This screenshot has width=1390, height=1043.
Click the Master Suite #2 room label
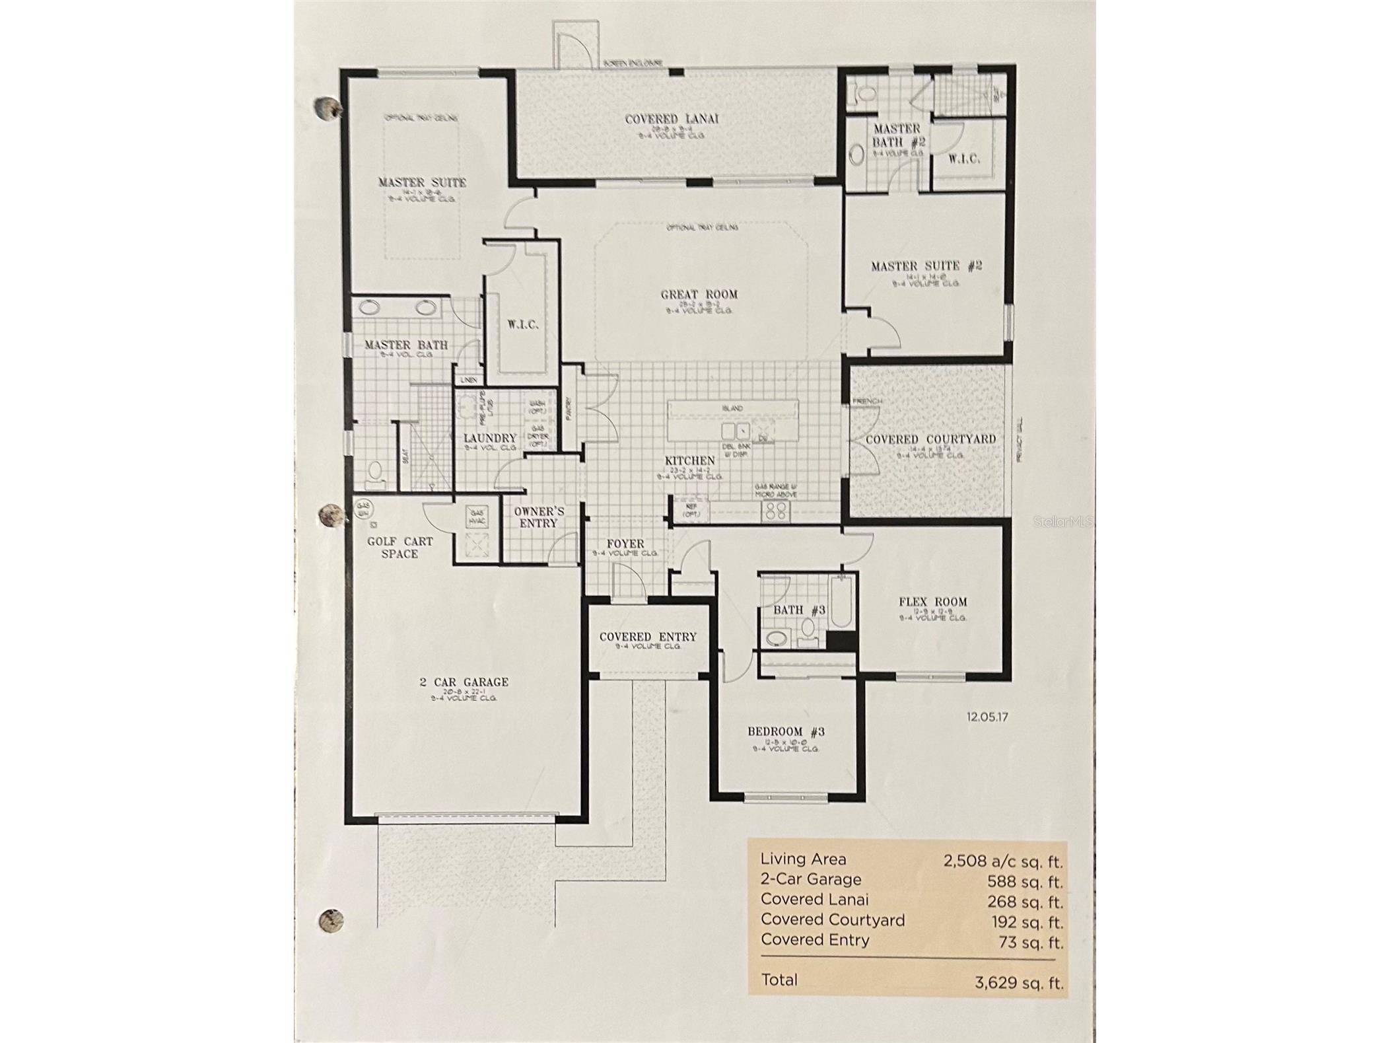[x=926, y=266]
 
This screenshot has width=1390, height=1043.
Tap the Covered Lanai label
[x=672, y=119]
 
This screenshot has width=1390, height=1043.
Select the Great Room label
[x=699, y=295]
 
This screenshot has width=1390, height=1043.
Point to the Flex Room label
[x=932, y=602]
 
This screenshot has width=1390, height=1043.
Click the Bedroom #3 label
[x=786, y=731]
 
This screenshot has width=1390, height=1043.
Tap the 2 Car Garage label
[x=464, y=682]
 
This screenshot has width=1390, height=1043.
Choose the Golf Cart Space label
[x=400, y=547]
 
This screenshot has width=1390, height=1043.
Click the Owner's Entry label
[x=539, y=517]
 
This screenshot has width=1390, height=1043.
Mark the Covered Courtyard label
[x=930, y=439]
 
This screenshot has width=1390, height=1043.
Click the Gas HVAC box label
[x=476, y=517]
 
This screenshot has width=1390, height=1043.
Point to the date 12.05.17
[x=987, y=717]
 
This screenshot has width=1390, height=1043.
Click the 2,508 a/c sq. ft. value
[x=1003, y=861]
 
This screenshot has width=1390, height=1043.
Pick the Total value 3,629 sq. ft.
[x=1018, y=982]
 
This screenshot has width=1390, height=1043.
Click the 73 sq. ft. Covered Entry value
[x=1030, y=942]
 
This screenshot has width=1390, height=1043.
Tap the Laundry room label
[x=489, y=438]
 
